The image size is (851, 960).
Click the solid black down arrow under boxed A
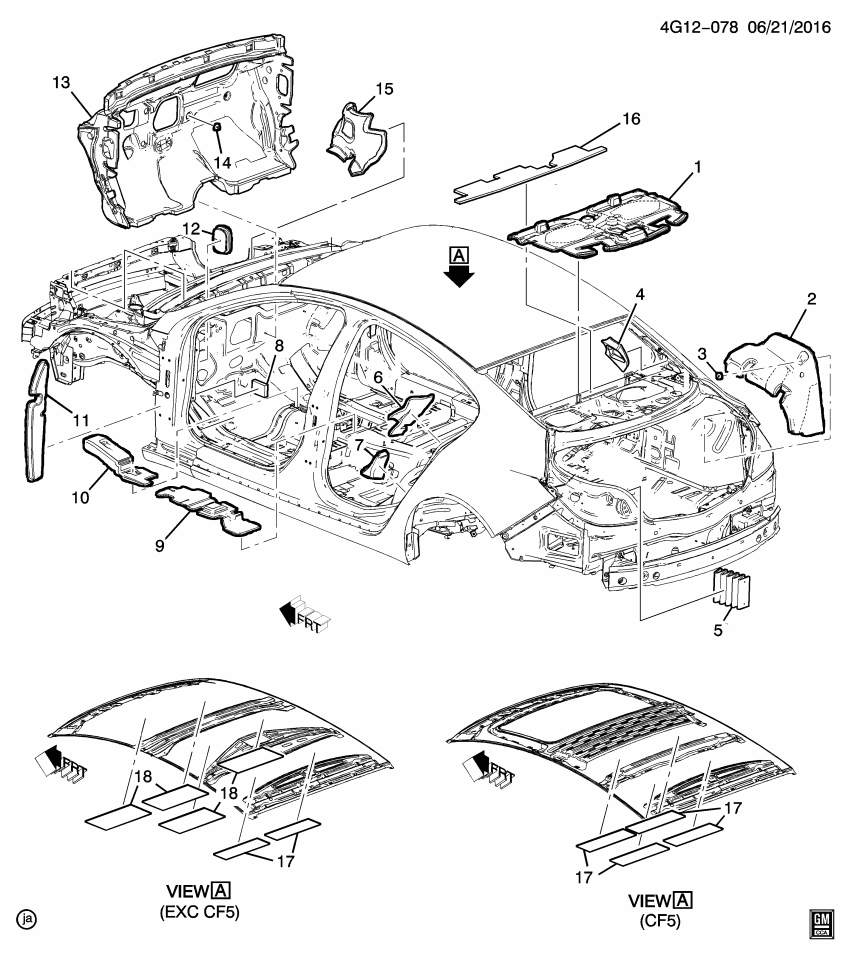(x=459, y=276)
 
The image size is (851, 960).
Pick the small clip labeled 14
(x=216, y=127)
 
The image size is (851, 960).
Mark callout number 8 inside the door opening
(x=280, y=347)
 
